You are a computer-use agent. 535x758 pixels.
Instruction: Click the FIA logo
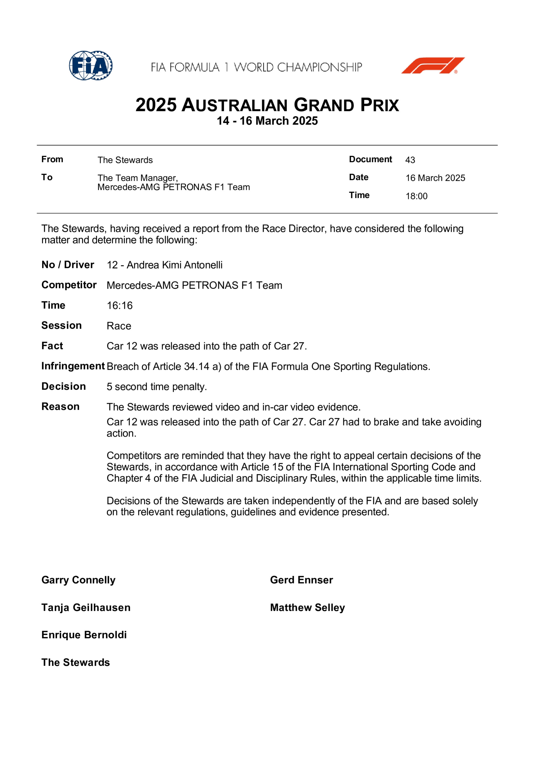91,65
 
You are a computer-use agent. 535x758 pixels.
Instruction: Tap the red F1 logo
433,65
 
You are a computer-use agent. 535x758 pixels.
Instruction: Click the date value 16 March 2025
435,178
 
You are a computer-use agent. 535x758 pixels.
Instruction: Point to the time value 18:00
416,196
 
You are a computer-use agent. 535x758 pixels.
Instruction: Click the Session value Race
119,326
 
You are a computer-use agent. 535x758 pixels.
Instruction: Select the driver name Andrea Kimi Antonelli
174,265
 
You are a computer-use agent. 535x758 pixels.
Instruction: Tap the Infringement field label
73,366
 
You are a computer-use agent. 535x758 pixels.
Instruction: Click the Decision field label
64,386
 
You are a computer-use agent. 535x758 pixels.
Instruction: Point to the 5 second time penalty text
157,387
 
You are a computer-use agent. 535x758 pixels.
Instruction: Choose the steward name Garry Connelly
78,580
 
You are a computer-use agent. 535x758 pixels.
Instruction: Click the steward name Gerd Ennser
301,580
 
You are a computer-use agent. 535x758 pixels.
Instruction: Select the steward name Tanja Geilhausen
86,607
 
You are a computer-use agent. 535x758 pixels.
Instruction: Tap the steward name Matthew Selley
307,607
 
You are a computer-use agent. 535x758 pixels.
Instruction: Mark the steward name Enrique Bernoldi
84,635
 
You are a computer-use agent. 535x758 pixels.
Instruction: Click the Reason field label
60,406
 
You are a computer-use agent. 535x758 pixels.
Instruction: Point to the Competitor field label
69,285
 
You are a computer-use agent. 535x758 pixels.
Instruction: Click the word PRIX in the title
379,105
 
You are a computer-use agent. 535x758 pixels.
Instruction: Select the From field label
52,159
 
